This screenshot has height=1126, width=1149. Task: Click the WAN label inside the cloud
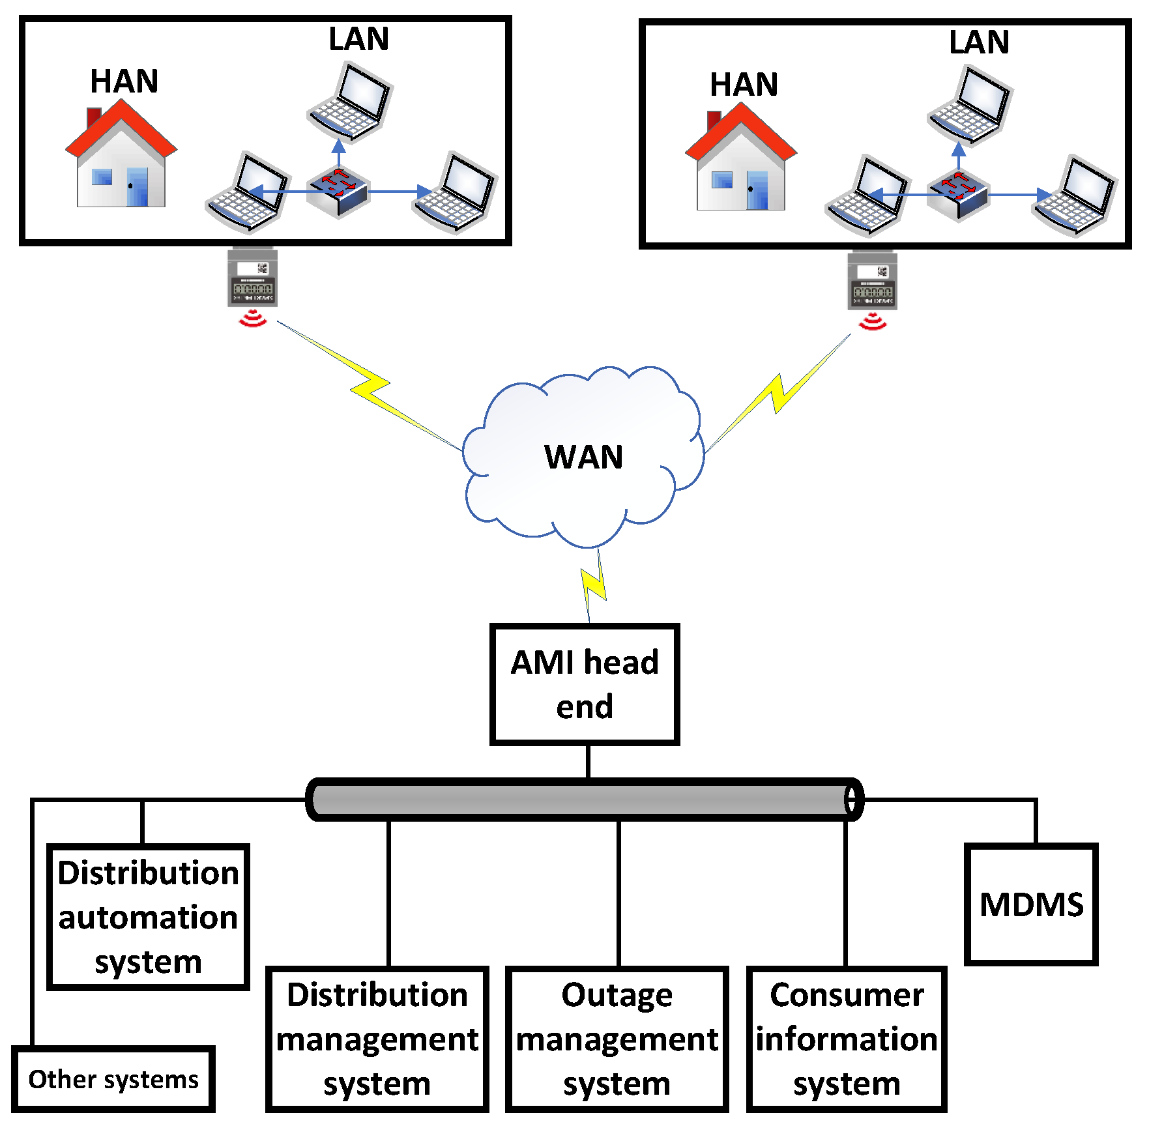coord(583,457)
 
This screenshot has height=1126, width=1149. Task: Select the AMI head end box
coord(585,684)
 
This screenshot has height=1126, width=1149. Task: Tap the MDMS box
coord(1031,904)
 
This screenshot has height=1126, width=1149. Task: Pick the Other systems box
coord(113,1079)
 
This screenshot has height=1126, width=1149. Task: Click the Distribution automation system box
coord(148,917)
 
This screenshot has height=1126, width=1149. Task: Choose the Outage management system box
coord(617,1039)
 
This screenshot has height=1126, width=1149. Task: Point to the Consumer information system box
coord(846,1039)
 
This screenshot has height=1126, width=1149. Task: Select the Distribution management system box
coord(377,1039)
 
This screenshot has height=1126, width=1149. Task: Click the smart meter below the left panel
coord(252,278)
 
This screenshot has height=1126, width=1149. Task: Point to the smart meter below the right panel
coord(872,281)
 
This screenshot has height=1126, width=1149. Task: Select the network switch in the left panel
coord(338,190)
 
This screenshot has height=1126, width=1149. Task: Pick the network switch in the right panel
coord(958,194)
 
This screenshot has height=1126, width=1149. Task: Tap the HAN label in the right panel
coord(744,85)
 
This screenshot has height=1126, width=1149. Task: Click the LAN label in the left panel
coord(358,39)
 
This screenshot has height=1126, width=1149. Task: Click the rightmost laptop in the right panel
coord(1075,195)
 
